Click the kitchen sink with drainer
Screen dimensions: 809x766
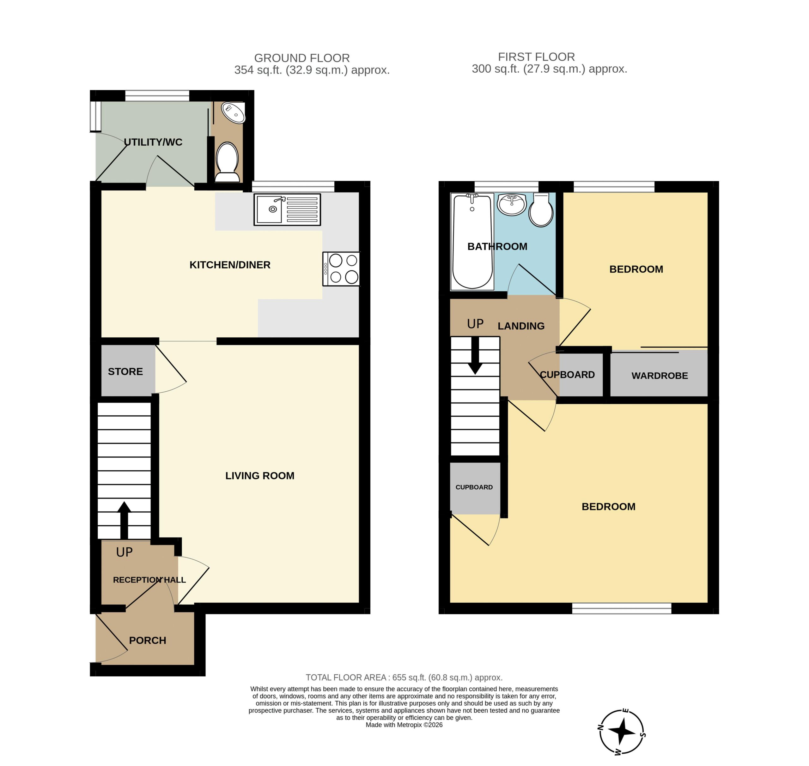pos(287,209)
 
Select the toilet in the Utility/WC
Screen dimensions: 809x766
pos(227,162)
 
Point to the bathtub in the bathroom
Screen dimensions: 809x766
pos(472,242)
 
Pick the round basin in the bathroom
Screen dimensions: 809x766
pos(512,204)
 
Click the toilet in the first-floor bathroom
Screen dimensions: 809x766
pos(541,210)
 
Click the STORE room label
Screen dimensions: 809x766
pos(125,371)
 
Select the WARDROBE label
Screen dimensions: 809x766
pos(660,376)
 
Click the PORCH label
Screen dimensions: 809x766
pos(148,640)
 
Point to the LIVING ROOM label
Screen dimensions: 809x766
pos(260,476)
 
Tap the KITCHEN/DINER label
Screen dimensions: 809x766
pos(230,265)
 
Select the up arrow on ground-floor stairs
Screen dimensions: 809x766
pos(124,520)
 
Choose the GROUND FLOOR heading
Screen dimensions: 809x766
pos(302,58)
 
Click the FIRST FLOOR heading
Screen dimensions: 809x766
pos(537,57)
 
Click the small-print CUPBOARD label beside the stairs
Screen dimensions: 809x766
pos(474,487)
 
